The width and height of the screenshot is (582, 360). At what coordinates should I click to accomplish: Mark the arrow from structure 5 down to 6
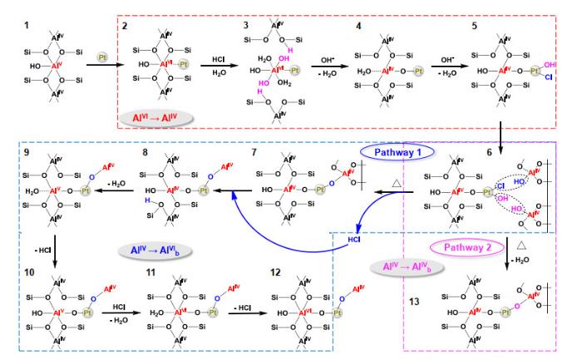502,130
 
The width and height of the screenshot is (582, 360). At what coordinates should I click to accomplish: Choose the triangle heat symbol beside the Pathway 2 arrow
520,248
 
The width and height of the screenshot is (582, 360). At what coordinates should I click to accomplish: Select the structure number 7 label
254,151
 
